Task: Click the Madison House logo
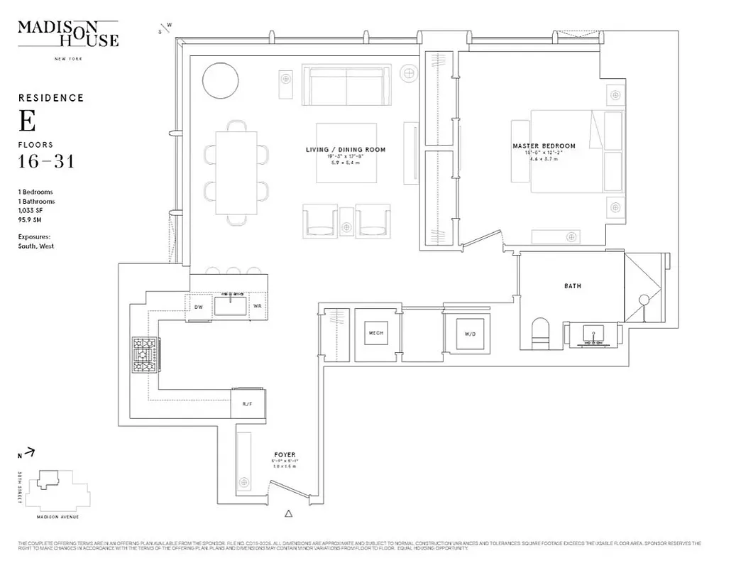(x=68, y=34)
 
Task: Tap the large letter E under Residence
(x=27, y=121)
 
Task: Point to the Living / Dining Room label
(x=346, y=150)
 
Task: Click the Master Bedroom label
(x=544, y=146)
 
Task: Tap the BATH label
(x=572, y=287)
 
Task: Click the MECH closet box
(x=375, y=332)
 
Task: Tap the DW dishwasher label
(x=199, y=307)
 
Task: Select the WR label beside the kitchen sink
(x=257, y=307)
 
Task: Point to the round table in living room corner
(x=221, y=81)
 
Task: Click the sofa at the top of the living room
(x=346, y=84)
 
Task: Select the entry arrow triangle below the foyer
(x=288, y=513)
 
